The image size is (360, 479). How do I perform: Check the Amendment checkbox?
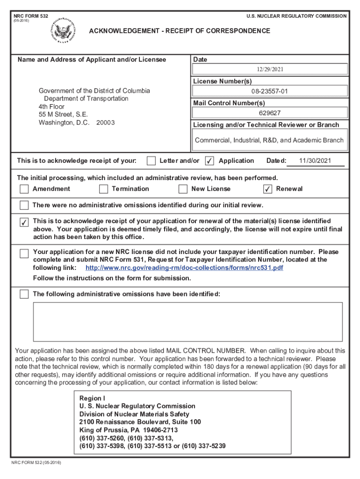click(x=24, y=189)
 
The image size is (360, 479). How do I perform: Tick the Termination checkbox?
click(x=103, y=189)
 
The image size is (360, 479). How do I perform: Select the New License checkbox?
click(x=183, y=189)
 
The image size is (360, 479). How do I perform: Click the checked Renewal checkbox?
click(x=267, y=189)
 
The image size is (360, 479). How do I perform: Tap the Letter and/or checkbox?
click(x=151, y=161)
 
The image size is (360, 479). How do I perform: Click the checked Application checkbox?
click(x=210, y=161)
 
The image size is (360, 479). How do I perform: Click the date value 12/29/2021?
click(x=269, y=69)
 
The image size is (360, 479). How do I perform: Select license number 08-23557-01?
click(x=269, y=91)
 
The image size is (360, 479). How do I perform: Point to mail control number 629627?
click(x=269, y=113)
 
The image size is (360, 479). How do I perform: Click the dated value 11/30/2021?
click(x=315, y=160)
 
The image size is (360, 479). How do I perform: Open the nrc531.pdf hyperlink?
click(x=184, y=268)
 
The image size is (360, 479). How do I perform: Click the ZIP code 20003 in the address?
click(x=105, y=123)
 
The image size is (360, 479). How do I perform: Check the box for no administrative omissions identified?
click(x=24, y=205)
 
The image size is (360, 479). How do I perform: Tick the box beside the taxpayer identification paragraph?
click(x=24, y=254)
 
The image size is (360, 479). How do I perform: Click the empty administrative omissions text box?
click(x=187, y=321)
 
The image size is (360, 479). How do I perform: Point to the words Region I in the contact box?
click(x=92, y=398)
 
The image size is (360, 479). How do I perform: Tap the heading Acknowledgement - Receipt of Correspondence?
click(x=180, y=31)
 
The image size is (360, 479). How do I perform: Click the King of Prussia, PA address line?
click(x=128, y=430)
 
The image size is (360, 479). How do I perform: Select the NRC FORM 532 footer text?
click(x=36, y=463)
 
